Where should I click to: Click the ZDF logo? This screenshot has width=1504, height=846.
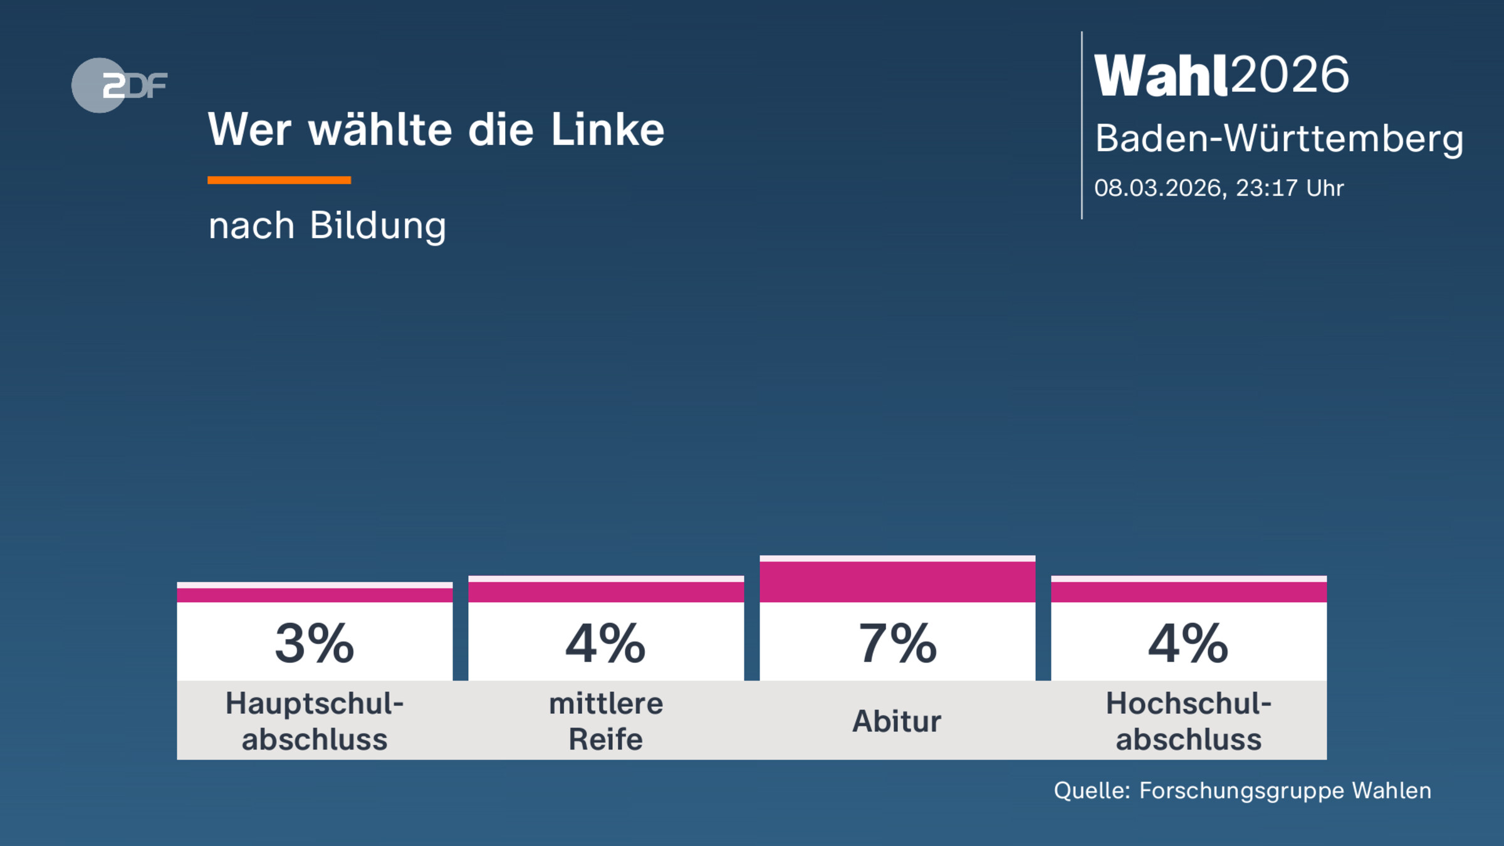(119, 85)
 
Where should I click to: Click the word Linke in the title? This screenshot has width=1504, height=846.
(607, 130)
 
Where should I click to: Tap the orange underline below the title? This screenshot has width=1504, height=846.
(279, 180)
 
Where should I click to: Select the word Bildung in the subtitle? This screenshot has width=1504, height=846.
(378, 226)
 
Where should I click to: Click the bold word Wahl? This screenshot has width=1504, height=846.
(1160, 75)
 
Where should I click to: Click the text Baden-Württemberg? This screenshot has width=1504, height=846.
(1278, 138)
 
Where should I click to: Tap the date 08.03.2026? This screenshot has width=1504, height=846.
(1158, 188)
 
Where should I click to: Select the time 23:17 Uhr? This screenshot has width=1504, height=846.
(1290, 188)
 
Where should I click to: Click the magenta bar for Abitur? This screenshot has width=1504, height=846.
(897, 582)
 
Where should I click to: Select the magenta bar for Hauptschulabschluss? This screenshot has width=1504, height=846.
(315, 595)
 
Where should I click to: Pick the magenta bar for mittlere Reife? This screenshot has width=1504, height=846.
(606, 592)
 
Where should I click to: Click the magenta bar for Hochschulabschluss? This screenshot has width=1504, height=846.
(1189, 592)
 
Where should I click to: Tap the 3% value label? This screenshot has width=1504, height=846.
(315, 644)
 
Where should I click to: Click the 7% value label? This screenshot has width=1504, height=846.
(897, 644)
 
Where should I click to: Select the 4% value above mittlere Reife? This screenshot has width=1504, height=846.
(606, 644)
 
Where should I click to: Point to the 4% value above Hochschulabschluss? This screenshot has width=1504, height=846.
(1189, 644)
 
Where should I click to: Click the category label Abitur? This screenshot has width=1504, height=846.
(897, 721)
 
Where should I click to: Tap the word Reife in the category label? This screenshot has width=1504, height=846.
(605, 739)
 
